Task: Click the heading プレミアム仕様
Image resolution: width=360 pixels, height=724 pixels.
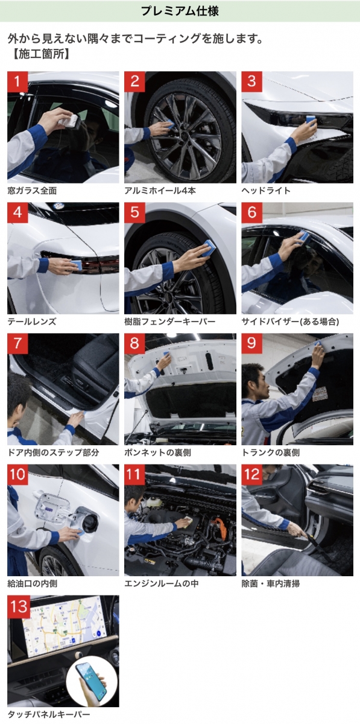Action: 180,11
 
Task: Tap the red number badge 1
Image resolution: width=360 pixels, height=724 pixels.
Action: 17,81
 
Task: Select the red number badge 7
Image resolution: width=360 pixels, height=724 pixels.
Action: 17,343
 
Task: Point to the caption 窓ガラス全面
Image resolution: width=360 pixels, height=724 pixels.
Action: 32,191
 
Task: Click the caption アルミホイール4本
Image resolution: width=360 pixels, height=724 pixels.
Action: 160,191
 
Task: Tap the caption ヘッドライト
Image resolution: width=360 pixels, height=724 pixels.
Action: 266,191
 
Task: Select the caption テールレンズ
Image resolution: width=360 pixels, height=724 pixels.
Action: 32,322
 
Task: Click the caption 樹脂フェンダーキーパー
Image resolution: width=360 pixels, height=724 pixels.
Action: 169,322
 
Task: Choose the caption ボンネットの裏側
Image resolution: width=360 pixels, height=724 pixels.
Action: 157,453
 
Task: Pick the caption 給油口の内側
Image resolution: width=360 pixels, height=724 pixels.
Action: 33,583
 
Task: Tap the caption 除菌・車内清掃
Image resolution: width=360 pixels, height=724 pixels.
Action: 271,583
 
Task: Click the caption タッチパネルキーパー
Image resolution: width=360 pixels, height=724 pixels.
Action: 48,714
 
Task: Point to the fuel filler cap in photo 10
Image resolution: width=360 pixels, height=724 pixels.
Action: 90,524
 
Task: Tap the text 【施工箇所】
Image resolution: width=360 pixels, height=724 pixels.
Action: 41,54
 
